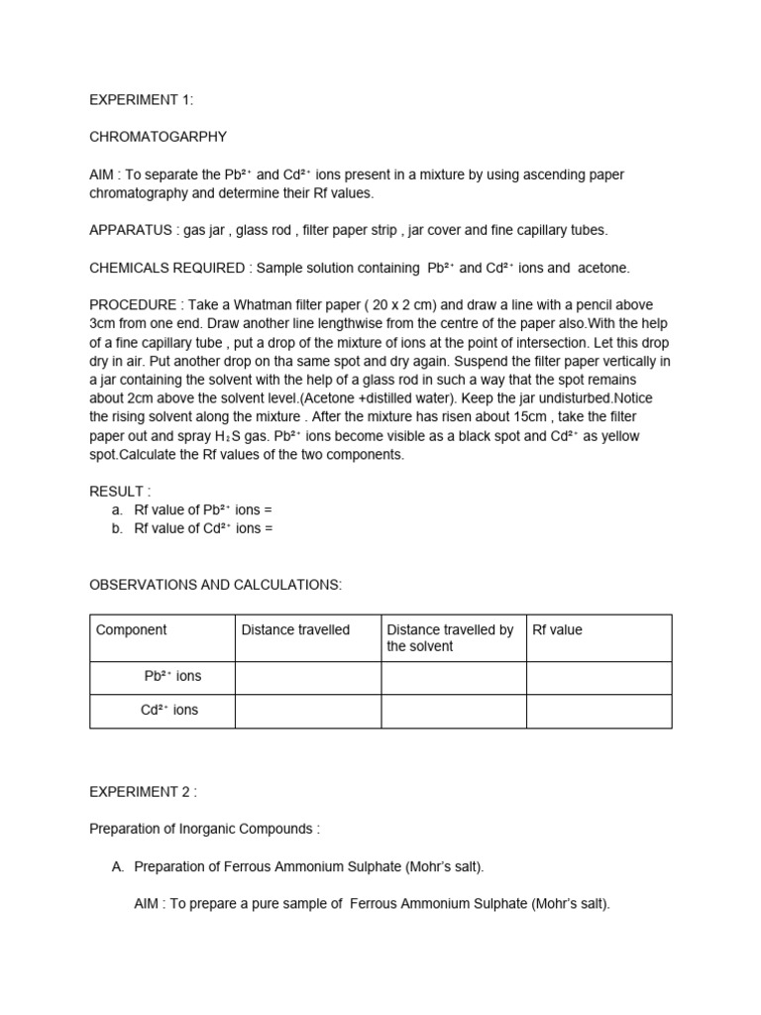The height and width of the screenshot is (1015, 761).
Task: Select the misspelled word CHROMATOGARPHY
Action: point(158,137)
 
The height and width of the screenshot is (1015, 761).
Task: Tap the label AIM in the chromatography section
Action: point(102,174)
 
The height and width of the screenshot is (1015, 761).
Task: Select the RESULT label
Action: point(119,492)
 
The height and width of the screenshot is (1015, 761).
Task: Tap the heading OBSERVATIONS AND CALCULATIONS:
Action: point(215,585)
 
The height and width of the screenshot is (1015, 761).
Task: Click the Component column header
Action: point(132,630)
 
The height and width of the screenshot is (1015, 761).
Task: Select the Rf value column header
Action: point(558,630)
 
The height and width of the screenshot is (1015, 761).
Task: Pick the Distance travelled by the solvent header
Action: point(450,638)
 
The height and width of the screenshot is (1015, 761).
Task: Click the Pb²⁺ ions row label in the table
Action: point(172,676)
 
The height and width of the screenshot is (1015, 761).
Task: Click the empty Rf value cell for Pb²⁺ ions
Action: point(598,678)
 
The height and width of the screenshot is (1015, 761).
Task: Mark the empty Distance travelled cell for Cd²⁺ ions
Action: point(307,712)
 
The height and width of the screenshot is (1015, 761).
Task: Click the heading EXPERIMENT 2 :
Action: point(143,792)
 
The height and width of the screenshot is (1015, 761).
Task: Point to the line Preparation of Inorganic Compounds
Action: point(205,829)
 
